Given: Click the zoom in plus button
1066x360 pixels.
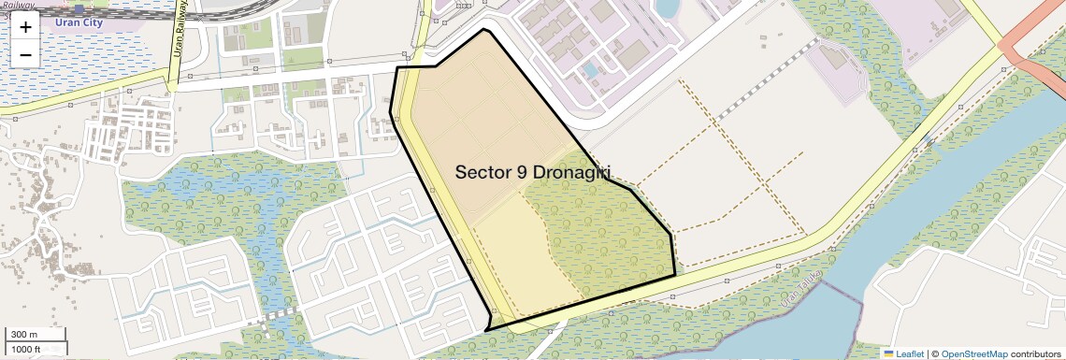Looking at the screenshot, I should (25, 27).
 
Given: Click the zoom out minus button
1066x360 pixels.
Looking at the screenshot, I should (25, 54).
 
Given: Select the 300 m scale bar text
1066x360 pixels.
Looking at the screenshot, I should (25, 334).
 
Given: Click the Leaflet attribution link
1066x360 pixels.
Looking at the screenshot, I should (906, 353).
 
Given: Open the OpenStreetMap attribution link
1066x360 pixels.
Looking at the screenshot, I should (973, 353).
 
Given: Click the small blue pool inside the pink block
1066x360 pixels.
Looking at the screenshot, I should (589, 70).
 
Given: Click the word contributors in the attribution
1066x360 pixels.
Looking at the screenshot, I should (1036, 353).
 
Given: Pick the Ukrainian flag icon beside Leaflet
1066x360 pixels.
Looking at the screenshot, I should (888, 353).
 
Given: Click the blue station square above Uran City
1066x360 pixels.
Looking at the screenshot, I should (79, 8).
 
